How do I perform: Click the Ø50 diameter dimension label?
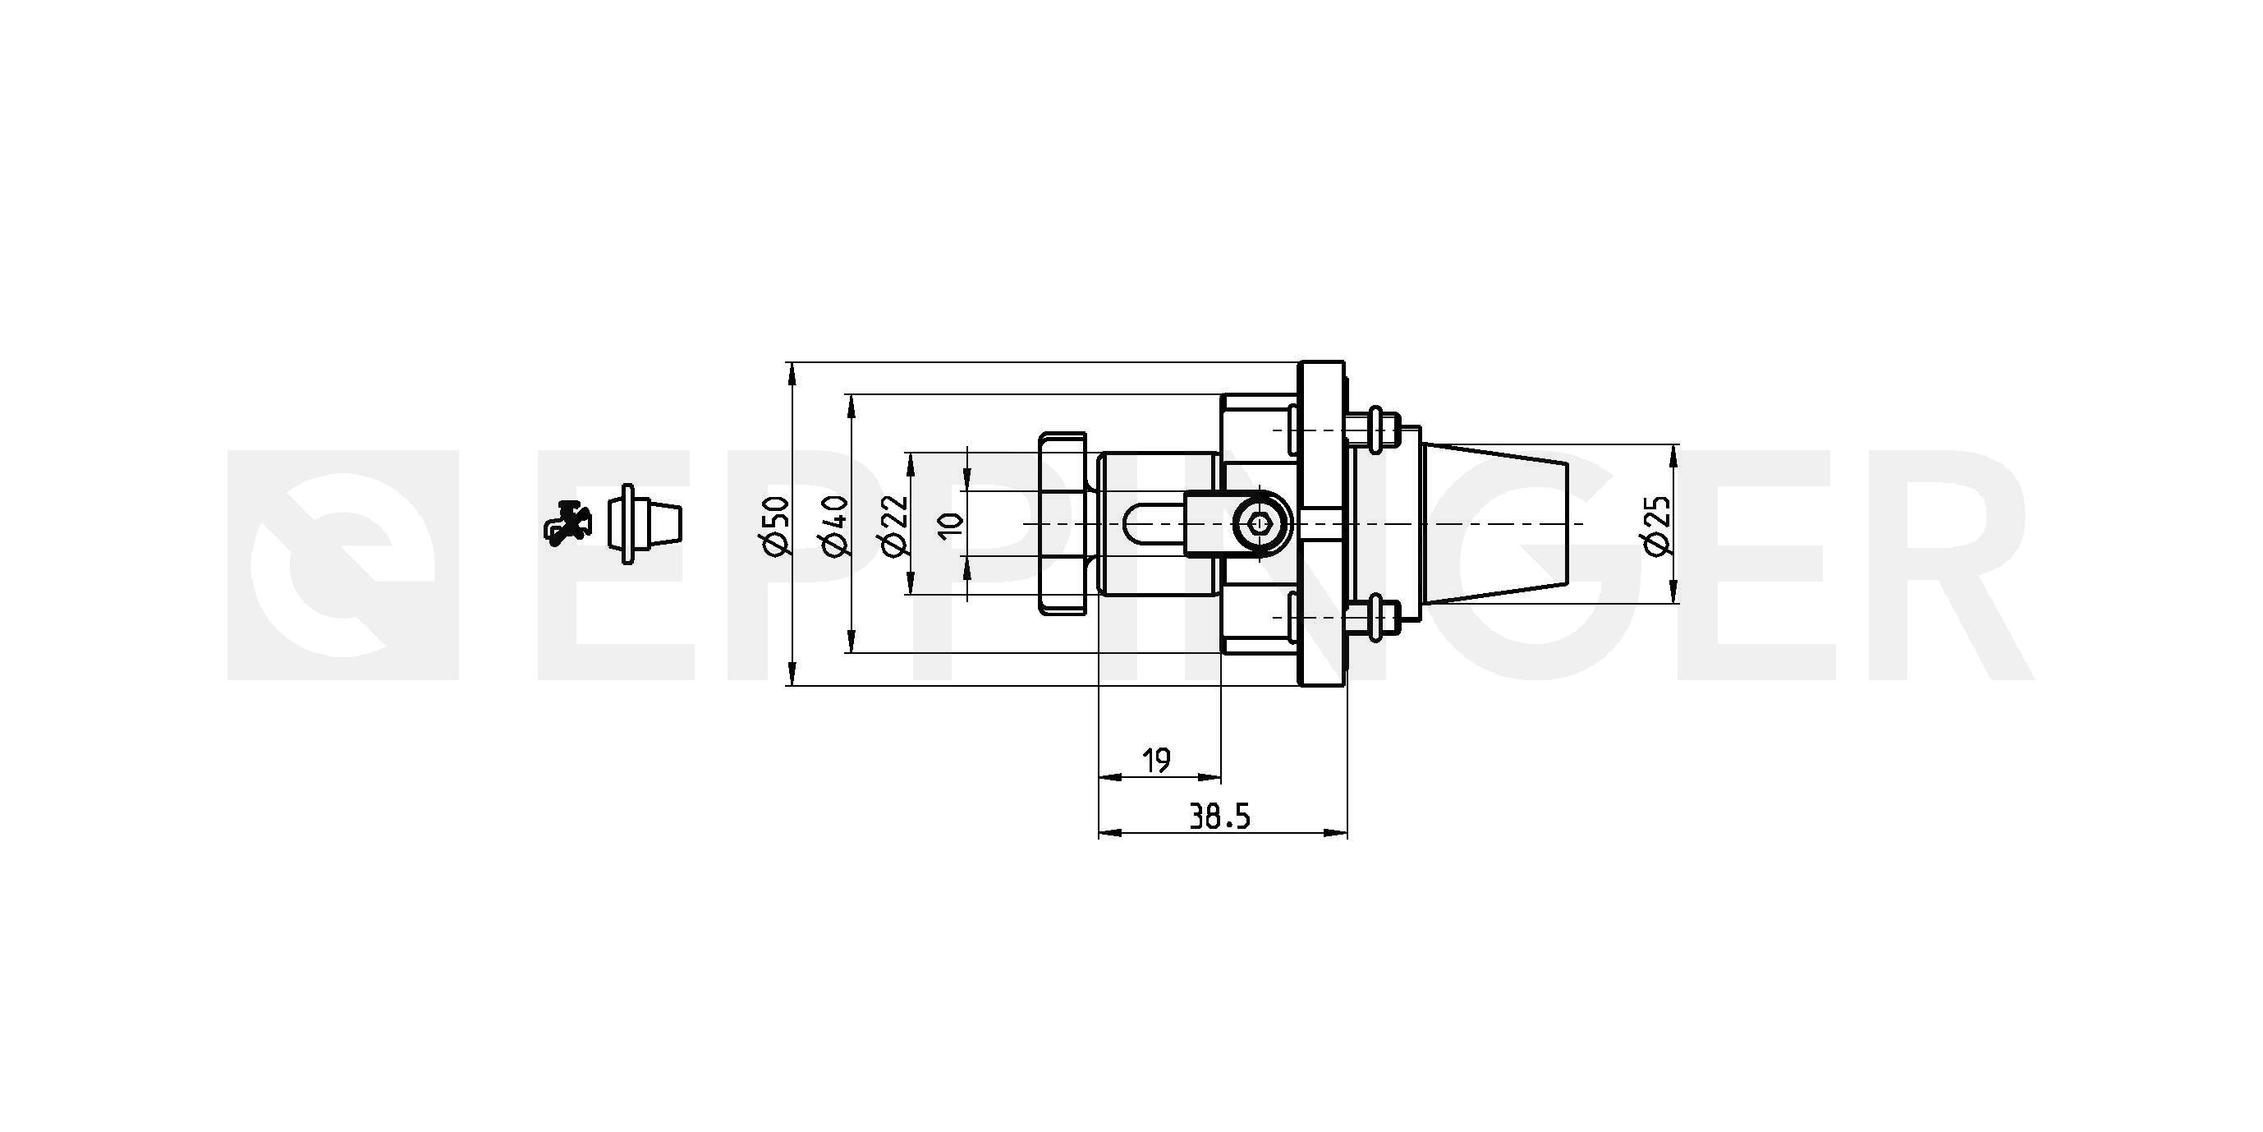[778, 526]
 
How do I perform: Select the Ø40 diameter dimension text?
[835, 526]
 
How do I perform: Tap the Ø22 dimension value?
[893, 526]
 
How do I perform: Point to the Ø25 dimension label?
[1657, 525]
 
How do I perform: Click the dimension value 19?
[1157, 760]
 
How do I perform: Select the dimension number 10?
[951, 525]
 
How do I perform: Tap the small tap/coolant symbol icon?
[567, 524]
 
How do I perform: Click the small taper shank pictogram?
[645, 524]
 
